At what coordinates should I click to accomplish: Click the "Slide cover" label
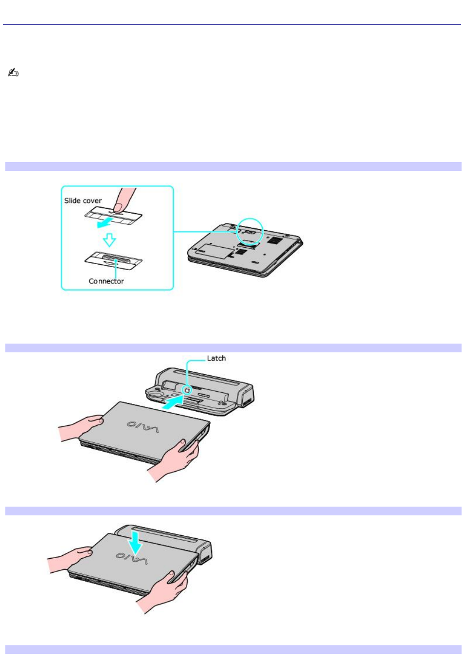click(x=83, y=201)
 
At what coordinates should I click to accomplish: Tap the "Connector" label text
click(x=106, y=281)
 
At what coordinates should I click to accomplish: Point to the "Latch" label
click(x=216, y=358)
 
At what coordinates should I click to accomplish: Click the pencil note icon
click(x=13, y=73)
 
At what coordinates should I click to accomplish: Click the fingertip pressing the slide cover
click(x=119, y=208)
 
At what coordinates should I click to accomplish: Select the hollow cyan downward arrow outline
click(x=109, y=239)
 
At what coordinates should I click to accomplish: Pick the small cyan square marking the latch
click(x=187, y=390)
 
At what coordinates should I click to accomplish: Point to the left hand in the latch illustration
click(x=81, y=427)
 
